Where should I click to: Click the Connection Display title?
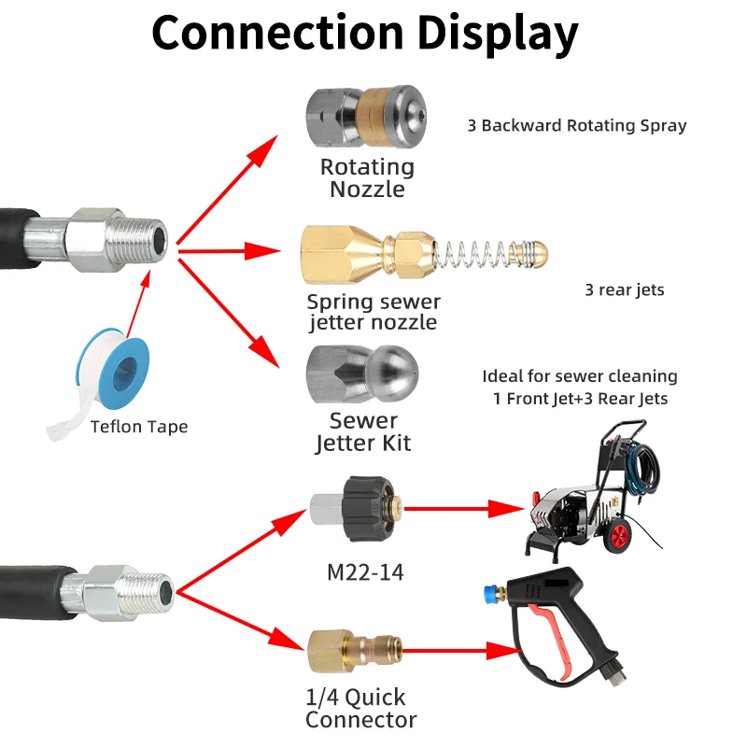tap(365, 34)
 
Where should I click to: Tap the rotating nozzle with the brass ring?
tap(366, 117)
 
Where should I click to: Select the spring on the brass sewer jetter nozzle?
tap(480, 253)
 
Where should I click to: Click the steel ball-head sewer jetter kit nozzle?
tap(362, 374)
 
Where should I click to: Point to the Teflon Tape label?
tap(139, 427)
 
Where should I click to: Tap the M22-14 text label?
tap(365, 572)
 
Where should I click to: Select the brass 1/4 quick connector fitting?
tap(355, 651)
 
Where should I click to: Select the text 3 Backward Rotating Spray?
tap(577, 125)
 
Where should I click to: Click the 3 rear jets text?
tap(624, 289)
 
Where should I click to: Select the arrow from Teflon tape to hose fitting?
tap(138, 304)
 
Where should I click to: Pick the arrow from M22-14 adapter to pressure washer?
tap(464, 509)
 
